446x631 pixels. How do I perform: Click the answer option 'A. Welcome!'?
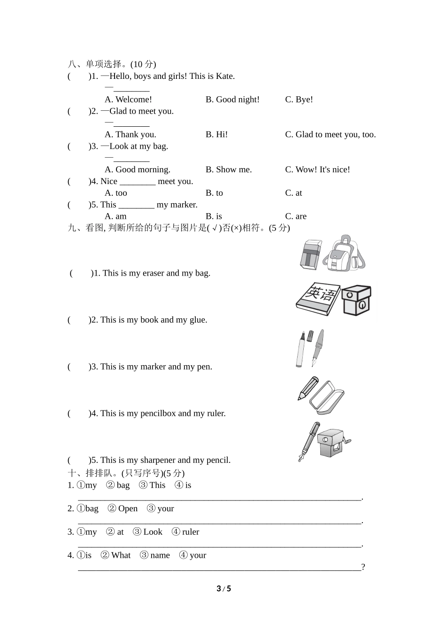(128, 100)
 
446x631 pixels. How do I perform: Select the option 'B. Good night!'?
(232, 100)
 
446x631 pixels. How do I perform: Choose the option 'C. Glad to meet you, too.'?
(331, 135)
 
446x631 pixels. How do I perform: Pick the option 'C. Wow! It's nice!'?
(317, 169)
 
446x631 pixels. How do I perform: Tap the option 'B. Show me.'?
(229, 169)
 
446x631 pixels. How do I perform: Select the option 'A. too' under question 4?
(116, 193)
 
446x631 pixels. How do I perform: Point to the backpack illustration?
(346, 254)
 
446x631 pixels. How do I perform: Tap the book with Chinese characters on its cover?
(318, 299)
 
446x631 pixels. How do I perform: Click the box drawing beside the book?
(356, 300)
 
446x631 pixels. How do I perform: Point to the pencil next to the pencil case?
(308, 388)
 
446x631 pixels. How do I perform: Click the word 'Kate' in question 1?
(224, 76)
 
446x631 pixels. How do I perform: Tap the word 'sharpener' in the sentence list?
(158, 460)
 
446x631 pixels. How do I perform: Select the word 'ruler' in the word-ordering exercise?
(191, 532)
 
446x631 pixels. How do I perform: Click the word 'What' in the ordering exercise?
(121, 555)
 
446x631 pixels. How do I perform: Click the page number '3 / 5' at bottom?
(223, 589)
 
